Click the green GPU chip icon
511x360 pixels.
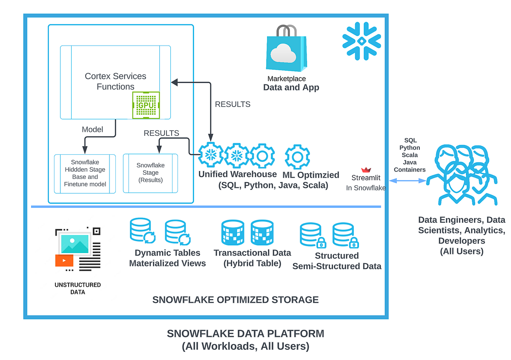146,105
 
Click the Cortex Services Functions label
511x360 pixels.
115,81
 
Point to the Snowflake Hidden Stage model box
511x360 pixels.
85,173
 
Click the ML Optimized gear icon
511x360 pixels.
297,157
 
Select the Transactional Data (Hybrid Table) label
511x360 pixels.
253,258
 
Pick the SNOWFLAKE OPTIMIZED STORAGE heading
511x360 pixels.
235,300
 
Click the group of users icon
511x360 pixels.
462,175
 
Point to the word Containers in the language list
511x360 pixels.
410,170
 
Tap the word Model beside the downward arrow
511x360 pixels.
92,130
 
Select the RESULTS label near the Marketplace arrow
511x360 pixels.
233,104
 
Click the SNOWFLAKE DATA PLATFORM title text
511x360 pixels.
246,333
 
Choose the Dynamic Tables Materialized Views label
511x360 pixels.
167,258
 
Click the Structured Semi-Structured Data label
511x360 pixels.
336,261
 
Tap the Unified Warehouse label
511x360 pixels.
238,174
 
